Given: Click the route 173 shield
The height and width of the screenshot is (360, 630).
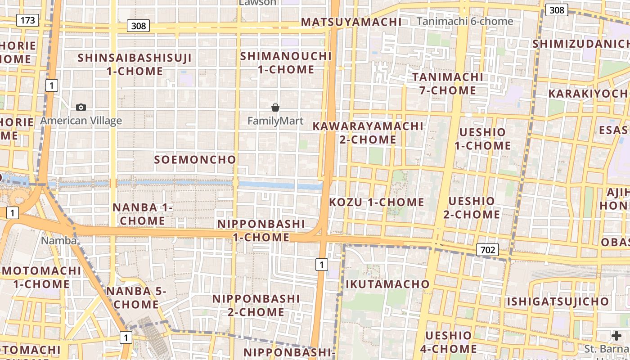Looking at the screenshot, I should [x=27, y=20].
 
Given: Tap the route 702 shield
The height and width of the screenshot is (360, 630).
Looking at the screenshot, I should [x=488, y=250].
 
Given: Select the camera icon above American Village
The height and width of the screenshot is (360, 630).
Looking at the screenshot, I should [x=81, y=107].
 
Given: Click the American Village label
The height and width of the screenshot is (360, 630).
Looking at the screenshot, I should [x=81, y=121].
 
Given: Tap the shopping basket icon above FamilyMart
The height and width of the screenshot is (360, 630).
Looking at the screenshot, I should [x=275, y=108].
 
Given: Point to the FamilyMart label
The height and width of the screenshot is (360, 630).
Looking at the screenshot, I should [x=275, y=121].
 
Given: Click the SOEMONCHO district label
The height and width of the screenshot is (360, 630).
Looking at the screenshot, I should [x=195, y=160].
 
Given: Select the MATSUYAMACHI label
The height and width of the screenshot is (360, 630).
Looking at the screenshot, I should [x=351, y=22].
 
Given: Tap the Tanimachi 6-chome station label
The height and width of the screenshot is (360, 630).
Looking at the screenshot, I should [x=464, y=21].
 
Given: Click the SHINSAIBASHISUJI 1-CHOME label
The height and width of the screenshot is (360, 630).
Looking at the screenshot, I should [x=135, y=64].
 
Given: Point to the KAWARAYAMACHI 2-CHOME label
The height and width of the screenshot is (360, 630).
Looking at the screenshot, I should [x=368, y=133].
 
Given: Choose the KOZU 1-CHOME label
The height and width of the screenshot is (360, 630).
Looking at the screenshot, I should [x=377, y=202].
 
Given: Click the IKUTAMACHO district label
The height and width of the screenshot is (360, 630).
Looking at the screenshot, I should [x=387, y=284].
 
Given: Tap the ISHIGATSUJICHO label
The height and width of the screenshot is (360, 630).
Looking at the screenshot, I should [x=558, y=301].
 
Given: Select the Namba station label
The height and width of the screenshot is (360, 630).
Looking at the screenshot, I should [x=58, y=240].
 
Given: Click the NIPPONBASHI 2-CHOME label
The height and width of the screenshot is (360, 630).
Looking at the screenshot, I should [x=256, y=305].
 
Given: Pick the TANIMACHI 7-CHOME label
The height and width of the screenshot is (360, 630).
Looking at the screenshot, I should [x=448, y=83].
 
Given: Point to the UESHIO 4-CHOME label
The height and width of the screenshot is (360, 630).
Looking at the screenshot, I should [x=449, y=342].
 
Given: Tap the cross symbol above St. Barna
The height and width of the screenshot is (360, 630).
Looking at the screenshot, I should [x=616, y=336].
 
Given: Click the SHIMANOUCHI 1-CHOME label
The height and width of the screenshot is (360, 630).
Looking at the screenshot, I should [x=286, y=63].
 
